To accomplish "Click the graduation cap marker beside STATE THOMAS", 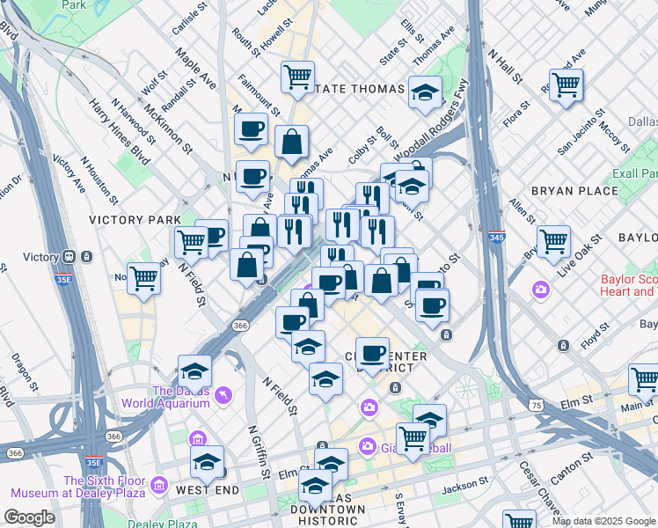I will [x=425, y=94].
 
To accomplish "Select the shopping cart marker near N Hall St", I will [x=566, y=85].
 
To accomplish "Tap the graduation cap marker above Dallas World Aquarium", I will [x=195, y=370].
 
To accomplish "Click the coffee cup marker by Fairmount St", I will [x=252, y=129].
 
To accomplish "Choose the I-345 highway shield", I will [x=496, y=238].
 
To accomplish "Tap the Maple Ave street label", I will [x=195, y=69].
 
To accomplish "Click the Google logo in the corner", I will [x=29, y=517].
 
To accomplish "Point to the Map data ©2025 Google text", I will [x=603, y=521].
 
